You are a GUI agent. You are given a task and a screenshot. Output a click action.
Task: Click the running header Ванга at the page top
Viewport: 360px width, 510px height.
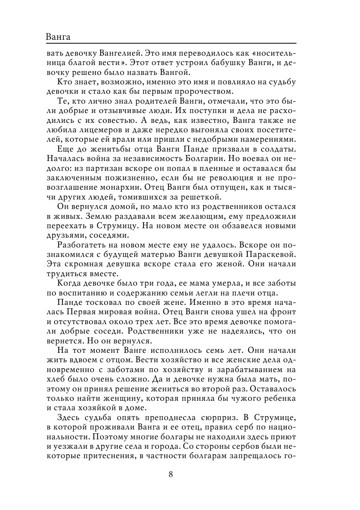click(x=57, y=37)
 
